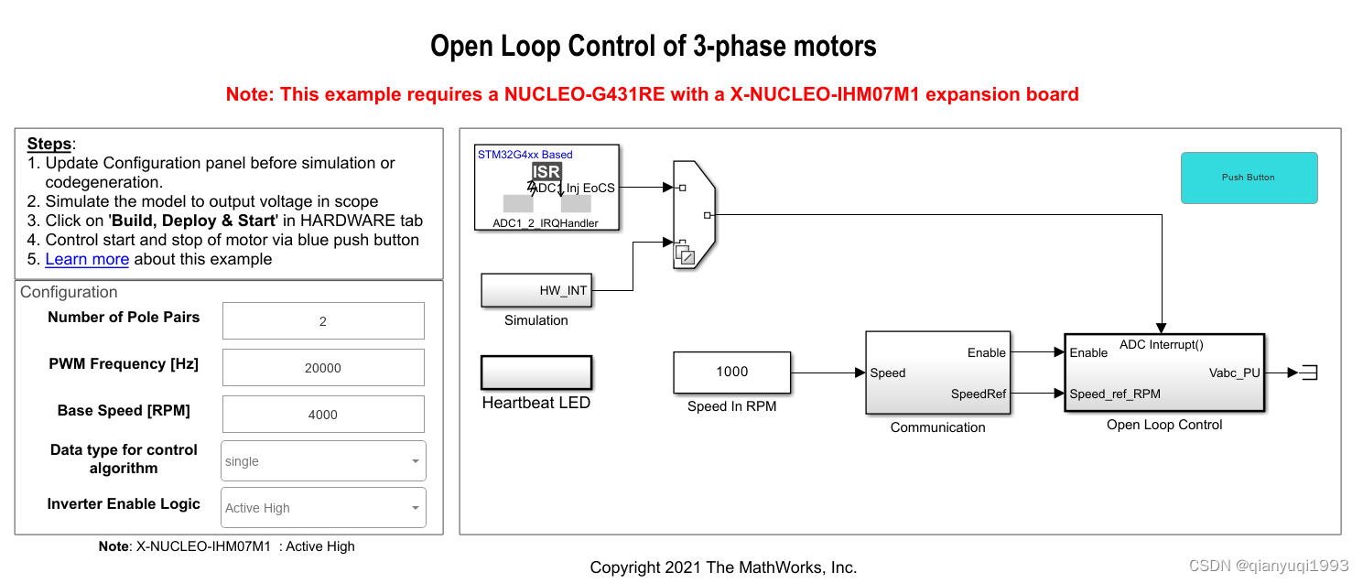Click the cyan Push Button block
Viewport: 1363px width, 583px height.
pyautogui.click(x=1249, y=178)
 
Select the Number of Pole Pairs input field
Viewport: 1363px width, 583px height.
pyautogui.click(x=323, y=321)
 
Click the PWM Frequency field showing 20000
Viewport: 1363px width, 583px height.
pyautogui.click(x=323, y=368)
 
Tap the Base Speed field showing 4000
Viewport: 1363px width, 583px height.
pyautogui.click(x=323, y=415)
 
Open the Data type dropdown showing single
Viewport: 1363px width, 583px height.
pyautogui.click(x=323, y=461)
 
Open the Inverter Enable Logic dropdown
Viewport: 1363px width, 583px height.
pyautogui.click(x=323, y=508)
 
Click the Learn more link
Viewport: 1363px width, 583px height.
pyautogui.click(x=87, y=259)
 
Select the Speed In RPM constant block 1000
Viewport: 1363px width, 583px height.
pyautogui.click(x=731, y=372)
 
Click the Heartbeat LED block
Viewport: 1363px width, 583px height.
pyautogui.click(x=536, y=373)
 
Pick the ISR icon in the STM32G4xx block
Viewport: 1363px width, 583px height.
pyautogui.click(x=546, y=171)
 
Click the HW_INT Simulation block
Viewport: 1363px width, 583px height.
pyautogui.click(x=536, y=291)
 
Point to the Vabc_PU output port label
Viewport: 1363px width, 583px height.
pyautogui.click(x=1234, y=372)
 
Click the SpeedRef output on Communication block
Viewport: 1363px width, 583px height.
pyautogui.click(x=979, y=394)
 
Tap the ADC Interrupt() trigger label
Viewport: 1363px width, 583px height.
pyautogui.click(x=1162, y=345)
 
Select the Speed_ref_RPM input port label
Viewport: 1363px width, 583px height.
pyautogui.click(x=1115, y=394)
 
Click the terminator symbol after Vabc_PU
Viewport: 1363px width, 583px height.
pyautogui.click(x=1309, y=372)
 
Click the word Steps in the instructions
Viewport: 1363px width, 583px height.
pyautogui.click(x=49, y=144)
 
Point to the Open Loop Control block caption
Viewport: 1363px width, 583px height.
pyautogui.click(x=1164, y=425)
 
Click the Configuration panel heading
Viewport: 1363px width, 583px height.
pyautogui.click(x=69, y=292)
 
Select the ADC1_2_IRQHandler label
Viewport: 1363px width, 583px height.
pyautogui.click(x=546, y=223)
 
